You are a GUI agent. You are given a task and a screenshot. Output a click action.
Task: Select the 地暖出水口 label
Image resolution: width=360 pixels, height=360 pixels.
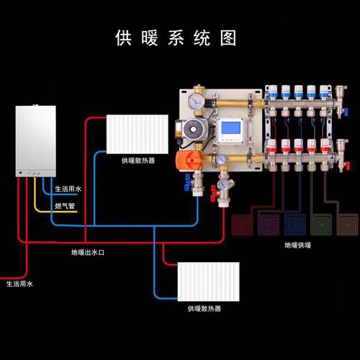tap(89, 253)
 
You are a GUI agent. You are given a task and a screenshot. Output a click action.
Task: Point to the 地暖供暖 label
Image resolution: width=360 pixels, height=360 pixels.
tap(297, 246)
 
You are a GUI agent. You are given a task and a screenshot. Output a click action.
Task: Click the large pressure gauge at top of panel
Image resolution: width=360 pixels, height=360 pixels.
tap(197, 101)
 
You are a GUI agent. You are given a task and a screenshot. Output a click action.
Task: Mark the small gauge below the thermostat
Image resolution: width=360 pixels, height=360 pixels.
tap(224, 158)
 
